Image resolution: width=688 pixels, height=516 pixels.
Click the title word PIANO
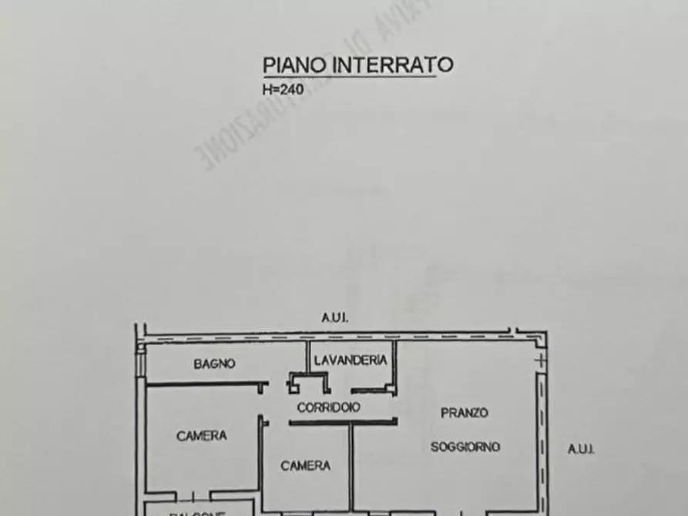295,65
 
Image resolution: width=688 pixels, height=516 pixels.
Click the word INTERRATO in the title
392,65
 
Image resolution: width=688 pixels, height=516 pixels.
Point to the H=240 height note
284,89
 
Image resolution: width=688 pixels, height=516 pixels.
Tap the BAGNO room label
214,364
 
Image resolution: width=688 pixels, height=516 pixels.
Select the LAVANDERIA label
351,360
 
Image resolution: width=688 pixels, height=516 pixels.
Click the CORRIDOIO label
328,407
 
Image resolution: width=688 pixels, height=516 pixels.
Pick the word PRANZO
464,413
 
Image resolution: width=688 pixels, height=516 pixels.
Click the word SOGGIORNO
465,447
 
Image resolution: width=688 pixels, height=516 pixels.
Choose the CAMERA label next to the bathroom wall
202,436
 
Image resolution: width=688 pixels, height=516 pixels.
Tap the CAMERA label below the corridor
305,465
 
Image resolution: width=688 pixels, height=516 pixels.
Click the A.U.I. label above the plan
335,317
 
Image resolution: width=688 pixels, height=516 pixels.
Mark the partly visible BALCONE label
199,511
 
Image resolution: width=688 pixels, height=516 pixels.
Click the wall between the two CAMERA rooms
261,462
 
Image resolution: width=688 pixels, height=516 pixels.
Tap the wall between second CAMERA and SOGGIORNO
353,466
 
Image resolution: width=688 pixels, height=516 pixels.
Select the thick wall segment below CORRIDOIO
344,422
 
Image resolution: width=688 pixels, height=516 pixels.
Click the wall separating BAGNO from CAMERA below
206,384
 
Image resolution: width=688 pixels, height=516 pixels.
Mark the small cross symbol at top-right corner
541,360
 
